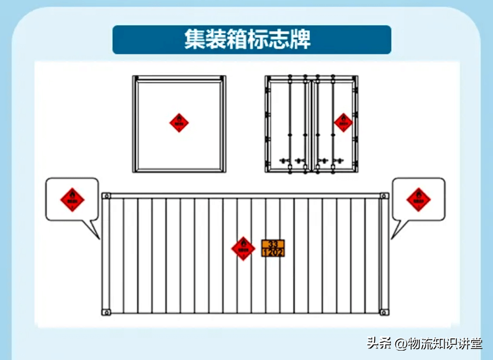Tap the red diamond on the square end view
point(179,123)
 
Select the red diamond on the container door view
point(343,123)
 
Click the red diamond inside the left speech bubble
point(72,200)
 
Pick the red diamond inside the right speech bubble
point(418,200)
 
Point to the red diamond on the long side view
point(243,248)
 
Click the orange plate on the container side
point(273,248)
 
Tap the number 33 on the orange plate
point(273,244)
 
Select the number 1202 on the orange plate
point(273,252)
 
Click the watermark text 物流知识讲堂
point(446,343)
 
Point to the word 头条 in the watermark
point(379,343)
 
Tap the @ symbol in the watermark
point(400,344)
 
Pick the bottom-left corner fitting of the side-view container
point(106,312)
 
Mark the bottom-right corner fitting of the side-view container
point(384,312)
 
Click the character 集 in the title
point(194,40)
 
